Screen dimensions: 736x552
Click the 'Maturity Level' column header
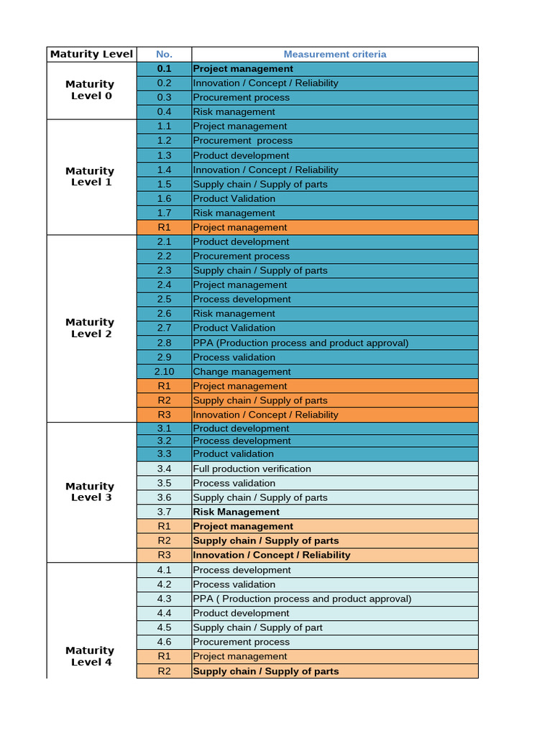(91, 54)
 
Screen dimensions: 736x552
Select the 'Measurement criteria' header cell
(334, 54)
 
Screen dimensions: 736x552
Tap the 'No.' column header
(164, 54)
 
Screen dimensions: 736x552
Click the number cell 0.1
(164, 69)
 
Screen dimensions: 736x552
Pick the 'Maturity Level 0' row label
(91, 90)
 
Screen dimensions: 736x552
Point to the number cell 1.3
(164, 155)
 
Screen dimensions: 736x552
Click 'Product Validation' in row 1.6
(234, 198)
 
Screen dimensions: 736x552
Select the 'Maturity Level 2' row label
(91, 328)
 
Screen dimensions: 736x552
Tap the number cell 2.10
(164, 372)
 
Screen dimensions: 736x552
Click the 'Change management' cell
(241, 372)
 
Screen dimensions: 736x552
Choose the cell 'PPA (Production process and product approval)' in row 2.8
(300, 343)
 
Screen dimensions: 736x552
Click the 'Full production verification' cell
(252, 469)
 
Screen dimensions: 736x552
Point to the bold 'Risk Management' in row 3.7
(236, 512)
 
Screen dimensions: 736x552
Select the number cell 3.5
(164, 483)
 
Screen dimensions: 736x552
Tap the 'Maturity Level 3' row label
(91, 492)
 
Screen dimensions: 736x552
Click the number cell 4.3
(164, 599)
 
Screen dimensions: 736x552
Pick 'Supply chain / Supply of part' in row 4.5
(257, 627)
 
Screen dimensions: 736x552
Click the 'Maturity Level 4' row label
(91, 656)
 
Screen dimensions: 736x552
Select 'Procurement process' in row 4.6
(241, 642)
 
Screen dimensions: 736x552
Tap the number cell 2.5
(164, 299)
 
